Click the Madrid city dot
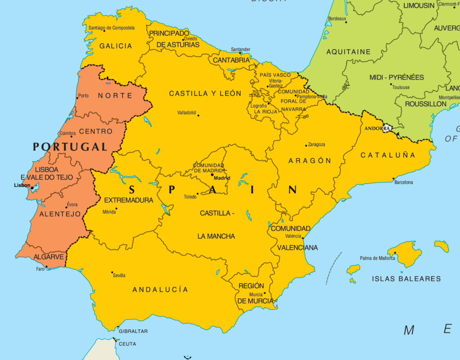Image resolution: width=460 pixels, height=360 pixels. [212, 174]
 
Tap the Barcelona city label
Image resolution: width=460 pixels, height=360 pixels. [403, 182]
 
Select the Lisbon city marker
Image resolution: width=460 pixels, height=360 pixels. [32, 188]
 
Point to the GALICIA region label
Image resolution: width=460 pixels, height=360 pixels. [116, 46]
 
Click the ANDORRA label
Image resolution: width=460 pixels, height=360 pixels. [377, 128]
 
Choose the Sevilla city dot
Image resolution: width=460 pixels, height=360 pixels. [112, 272]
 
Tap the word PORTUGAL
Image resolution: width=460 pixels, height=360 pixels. [70, 147]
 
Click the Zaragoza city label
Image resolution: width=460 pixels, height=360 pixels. [317, 145]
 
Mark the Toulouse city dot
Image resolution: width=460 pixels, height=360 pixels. [391, 84]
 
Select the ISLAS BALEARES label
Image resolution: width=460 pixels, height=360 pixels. [406, 279]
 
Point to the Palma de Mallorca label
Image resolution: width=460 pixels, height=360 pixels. [377, 258]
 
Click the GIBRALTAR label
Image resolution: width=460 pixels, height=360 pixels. [133, 331]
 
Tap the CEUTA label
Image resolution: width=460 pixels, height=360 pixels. [127, 344]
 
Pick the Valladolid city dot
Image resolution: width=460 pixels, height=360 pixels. [198, 115]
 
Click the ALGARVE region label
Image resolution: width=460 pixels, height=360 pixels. [49, 257]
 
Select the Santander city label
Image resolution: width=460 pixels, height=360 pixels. [240, 49]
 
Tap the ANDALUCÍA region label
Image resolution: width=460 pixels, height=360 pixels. [160, 290]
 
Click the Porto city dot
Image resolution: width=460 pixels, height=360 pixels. [77, 98]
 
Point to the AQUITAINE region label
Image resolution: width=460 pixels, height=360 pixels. [348, 52]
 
